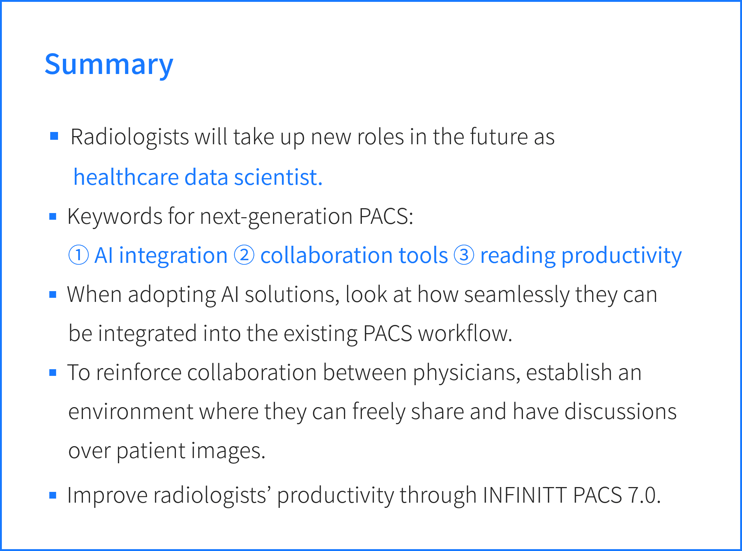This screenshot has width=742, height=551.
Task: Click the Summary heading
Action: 109,64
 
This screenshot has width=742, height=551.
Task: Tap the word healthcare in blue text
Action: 126,177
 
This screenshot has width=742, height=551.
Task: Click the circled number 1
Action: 79,255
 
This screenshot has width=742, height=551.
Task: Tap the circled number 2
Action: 244,255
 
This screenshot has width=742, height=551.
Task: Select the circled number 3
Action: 464,255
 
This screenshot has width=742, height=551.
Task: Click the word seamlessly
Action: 517,295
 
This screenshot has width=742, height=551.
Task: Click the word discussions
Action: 620,412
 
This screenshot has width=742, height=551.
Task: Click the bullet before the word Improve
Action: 53,495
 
